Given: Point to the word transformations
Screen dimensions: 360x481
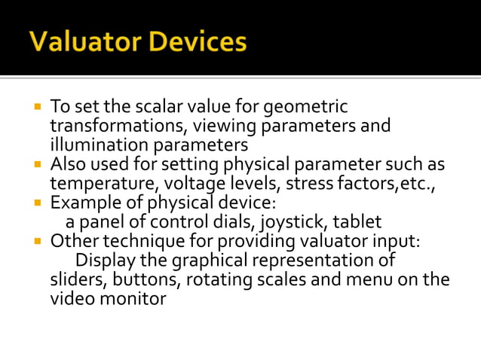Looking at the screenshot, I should coord(112,126).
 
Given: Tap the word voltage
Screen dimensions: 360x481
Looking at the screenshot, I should coord(200,184).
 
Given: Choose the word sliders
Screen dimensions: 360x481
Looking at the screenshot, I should coord(75,280).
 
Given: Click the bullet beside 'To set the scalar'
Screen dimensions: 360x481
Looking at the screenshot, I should coord(36,105).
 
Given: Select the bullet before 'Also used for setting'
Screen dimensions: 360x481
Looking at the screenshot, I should coord(36,163).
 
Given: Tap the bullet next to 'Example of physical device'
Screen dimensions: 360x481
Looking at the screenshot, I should coord(36,202).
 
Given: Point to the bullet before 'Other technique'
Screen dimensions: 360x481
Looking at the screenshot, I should coord(36,241).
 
